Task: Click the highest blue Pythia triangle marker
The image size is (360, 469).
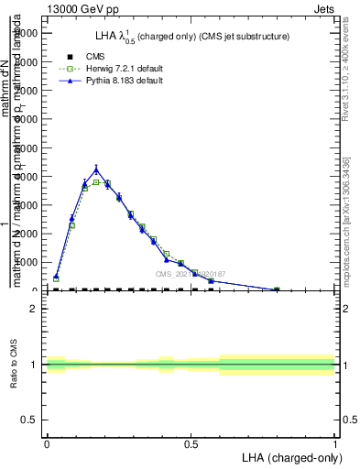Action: pos(96,169)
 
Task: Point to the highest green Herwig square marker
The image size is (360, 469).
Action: pos(96,182)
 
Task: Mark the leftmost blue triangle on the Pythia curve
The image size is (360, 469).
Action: pos(56,276)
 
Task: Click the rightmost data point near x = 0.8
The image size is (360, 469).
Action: pos(277,289)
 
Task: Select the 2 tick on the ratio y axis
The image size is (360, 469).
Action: pos(33,309)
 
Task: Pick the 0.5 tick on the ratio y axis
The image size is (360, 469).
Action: pos(30,420)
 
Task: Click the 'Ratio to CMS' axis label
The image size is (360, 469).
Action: pos(13,365)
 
